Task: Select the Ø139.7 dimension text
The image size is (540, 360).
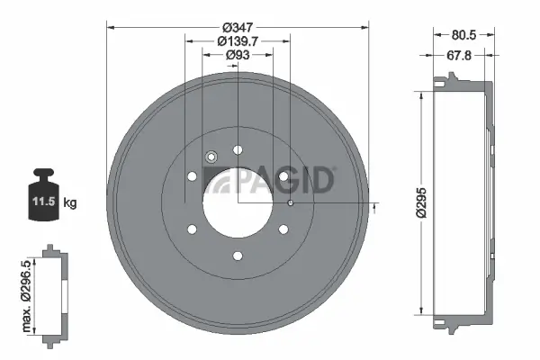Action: point(238,41)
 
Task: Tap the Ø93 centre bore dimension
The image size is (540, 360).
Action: point(238,56)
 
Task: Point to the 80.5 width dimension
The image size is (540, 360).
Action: point(464,37)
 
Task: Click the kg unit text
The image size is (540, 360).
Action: point(70,203)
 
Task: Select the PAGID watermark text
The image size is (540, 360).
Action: point(286,181)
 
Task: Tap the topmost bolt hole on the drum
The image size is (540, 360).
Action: point(238,150)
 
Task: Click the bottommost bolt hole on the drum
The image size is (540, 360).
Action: point(238,256)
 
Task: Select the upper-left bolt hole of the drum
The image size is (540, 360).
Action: point(192,176)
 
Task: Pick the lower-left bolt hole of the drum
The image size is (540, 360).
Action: point(192,229)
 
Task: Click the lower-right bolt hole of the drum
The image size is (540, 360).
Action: point(283,229)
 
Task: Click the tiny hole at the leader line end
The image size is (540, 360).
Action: point(291,203)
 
